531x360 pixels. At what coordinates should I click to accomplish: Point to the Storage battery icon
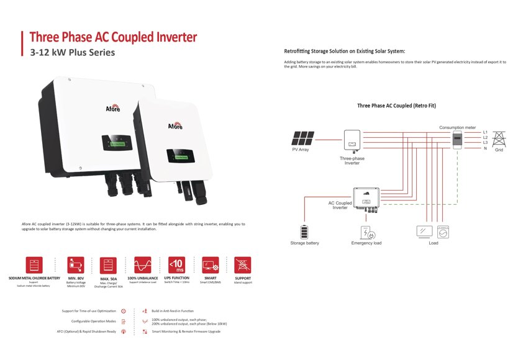point(304,232)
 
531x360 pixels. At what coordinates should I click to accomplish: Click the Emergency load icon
point(366,233)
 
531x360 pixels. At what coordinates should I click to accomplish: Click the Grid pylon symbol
point(499,138)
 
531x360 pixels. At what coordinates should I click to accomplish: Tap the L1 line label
point(485,132)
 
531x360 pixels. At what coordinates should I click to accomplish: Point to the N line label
point(485,148)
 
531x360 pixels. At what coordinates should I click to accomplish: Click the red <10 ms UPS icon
point(176,264)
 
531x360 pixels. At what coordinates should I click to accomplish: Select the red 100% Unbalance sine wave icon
point(143,264)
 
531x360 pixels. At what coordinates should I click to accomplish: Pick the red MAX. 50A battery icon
point(109,264)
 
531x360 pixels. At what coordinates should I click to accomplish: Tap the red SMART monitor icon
point(210,264)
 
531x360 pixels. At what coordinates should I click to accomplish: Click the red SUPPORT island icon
point(243,264)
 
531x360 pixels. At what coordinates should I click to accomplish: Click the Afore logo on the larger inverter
point(113,109)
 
